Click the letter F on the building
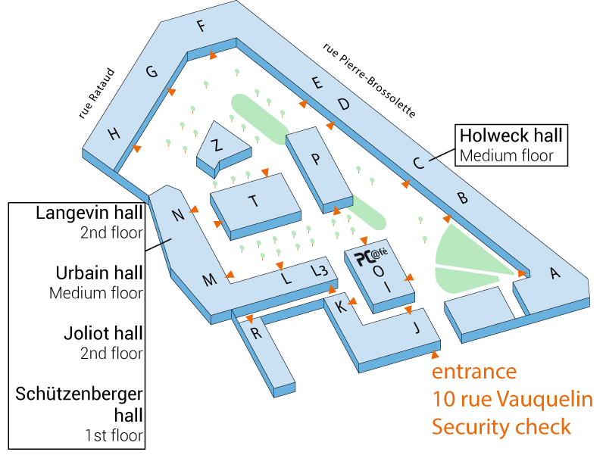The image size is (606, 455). [x=201, y=26]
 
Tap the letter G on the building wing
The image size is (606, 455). [x=151, y=71]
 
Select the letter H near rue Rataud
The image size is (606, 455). [x=114, y=135]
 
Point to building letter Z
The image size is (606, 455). [x=217, y=145]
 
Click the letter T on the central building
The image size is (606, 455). [x=253, y=201]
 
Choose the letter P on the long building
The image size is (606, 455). [x=316, y=159]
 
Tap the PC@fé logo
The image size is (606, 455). [x=371, y=256]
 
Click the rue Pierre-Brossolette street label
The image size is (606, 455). [x=369, y=80]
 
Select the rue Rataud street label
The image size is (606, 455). [x=97, y=93]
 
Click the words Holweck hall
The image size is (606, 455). [x=511, y=136]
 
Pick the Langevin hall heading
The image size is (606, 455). [x=89, y=213]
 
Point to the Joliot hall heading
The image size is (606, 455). [x=104, y=333]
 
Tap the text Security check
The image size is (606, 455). [x=501, y=427]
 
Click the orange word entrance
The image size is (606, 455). [x=474, y=372]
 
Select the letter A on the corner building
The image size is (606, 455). [x=555, y=273]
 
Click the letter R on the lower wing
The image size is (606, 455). [x=256, y=333]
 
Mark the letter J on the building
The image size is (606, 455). [x=417, y=328]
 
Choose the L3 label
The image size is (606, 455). [x=320, y=270]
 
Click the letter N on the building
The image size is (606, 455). [x=178, y=215]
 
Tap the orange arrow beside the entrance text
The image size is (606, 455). [x=435, y=354]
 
